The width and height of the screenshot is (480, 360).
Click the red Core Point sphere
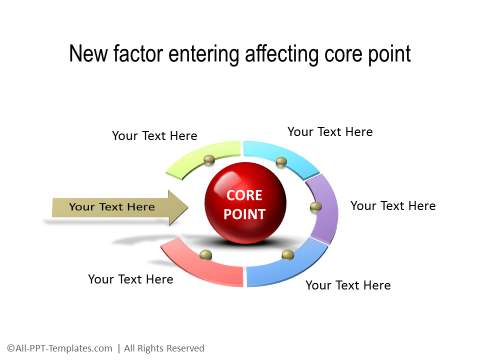[245, 204]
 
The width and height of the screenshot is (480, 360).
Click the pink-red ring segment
[200, 266]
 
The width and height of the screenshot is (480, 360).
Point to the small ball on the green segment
[209, 160]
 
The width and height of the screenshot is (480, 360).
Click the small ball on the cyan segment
[281, 162]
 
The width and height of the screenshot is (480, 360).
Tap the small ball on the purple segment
[316, 207]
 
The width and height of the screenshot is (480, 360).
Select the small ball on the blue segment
[288, 255]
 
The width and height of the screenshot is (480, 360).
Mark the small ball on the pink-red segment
[205, 254]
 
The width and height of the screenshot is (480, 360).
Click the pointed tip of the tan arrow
[186, 208]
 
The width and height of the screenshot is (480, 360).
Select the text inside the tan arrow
[112, 207]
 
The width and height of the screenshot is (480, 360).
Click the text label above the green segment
[154, 136]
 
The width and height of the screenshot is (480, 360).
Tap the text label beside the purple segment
[393, 206]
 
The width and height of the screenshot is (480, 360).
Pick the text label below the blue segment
[348, 285]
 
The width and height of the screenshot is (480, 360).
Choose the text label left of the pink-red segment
[130, 279]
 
